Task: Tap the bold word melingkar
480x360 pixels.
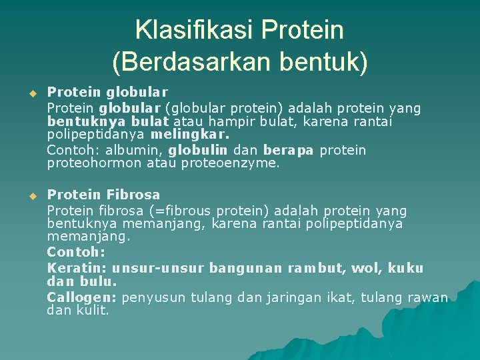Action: point(181,135)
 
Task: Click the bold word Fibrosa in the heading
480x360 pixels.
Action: point(133,195)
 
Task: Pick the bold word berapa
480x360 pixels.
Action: point(288,150)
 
